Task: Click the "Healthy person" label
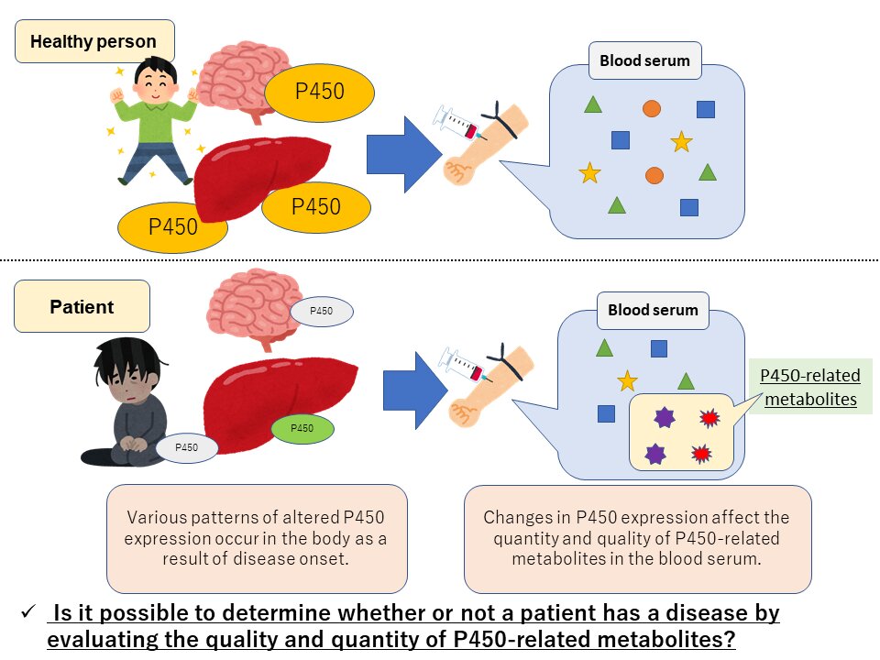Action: tap(93, 41)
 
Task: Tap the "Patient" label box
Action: tap(82, 306)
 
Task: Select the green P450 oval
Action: tap(302, 428)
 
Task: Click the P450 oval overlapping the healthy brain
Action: tap(319, 92)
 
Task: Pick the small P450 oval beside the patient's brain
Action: tap(321, 312)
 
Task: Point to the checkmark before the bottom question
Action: tap(28, 611)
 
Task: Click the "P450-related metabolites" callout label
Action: tap(811, 387)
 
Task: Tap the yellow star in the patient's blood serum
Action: tap(627, 380)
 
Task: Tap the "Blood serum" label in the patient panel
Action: tap(653, 310)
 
